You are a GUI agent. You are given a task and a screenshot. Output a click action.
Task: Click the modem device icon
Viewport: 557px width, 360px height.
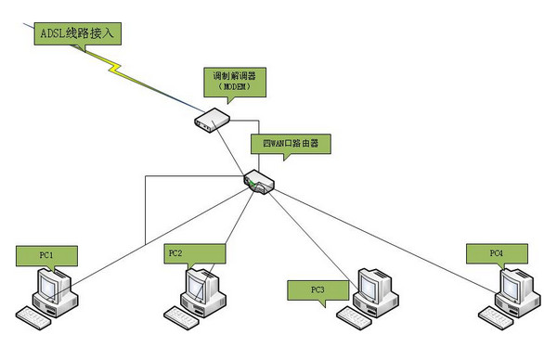pos(212,118)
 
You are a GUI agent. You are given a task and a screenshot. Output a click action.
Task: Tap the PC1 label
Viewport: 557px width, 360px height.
pos(46,252)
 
